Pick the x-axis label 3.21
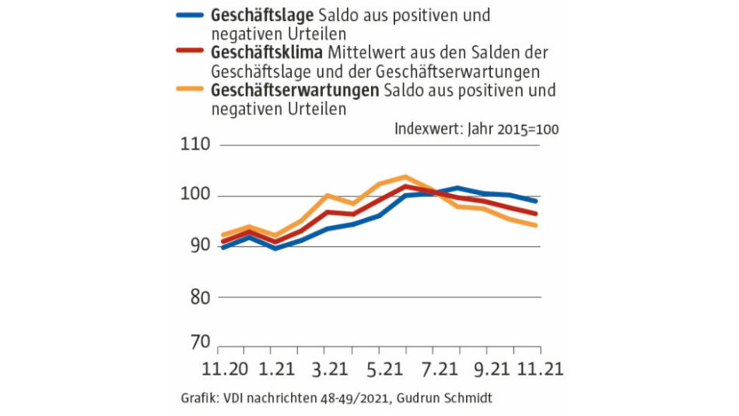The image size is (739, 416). [x=329, y=368]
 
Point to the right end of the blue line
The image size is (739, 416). [x=537, y=201]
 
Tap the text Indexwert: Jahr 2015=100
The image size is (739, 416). [x=477, y=129]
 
